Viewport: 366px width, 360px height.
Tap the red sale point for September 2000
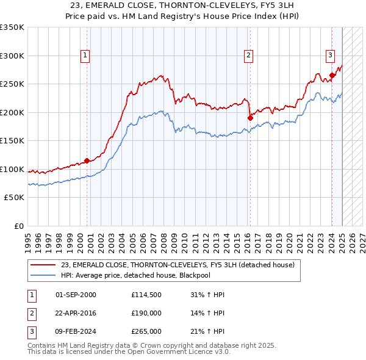point(87,160)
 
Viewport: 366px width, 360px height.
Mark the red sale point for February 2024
point(332,76)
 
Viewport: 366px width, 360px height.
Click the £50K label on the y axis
point(14,198)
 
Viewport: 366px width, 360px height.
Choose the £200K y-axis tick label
point(12,112)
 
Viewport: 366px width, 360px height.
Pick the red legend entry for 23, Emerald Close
point(177,265)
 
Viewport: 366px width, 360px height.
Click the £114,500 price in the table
point(146,295)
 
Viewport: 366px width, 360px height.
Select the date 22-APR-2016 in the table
point(76,313)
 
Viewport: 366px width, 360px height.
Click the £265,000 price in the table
point(146,331)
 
